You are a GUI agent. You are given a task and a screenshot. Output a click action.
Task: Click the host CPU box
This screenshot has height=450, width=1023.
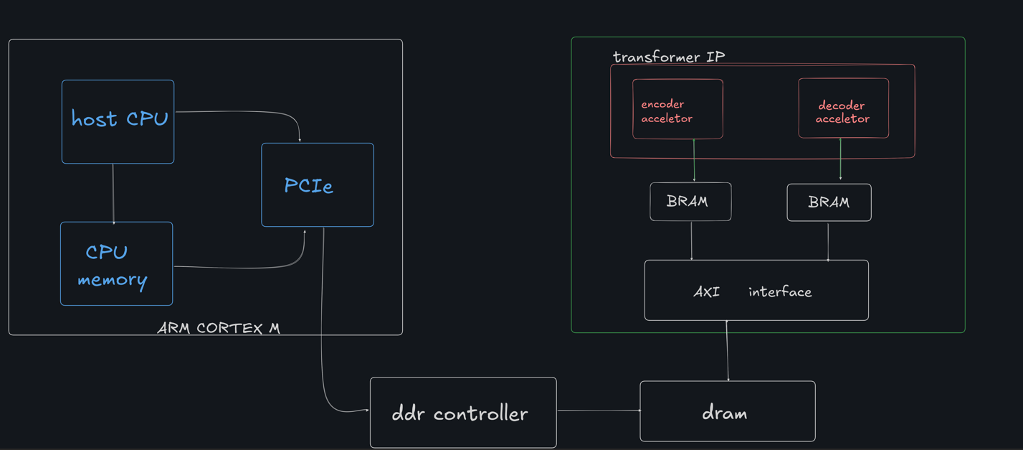(118, 121)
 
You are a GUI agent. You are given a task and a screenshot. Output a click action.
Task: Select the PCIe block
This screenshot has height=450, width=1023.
(317, 185)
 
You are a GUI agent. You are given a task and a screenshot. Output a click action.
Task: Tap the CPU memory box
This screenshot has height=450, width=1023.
(116, 263)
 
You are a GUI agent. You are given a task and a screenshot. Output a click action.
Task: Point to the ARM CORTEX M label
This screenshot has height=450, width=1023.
(219, 328)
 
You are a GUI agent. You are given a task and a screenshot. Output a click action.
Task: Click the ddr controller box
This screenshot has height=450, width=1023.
(463, 413)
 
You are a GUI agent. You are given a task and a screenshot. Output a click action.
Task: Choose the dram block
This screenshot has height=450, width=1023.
(727, 411)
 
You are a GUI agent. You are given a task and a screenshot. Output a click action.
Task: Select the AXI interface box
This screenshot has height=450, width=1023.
(756, 290)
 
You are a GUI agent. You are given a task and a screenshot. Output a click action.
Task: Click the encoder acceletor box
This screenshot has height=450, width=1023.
(677, 109)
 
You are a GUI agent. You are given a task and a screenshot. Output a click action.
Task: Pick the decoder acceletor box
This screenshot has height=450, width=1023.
(843, 108)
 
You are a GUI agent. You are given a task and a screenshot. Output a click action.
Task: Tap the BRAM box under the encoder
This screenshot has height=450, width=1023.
(690, 202)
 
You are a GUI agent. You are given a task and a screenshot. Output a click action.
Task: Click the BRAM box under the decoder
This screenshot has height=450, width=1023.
(829, 202)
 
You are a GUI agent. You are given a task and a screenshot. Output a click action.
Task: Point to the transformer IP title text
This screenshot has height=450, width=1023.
(668, 57)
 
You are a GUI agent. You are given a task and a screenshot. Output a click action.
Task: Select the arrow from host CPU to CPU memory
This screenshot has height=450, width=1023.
(113, 193)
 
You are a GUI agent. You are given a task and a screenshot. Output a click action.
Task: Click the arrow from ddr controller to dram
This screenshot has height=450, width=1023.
(598, 411)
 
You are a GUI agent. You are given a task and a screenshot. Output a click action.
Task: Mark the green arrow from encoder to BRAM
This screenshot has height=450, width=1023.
(694, 161)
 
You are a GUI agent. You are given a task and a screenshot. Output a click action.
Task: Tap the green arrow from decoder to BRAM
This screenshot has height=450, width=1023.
(840, 159)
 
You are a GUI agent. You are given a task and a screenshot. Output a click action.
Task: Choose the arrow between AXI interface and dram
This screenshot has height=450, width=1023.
(728, 351)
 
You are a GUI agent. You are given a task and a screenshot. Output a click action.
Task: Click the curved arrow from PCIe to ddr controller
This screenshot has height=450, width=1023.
(323, 323)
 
